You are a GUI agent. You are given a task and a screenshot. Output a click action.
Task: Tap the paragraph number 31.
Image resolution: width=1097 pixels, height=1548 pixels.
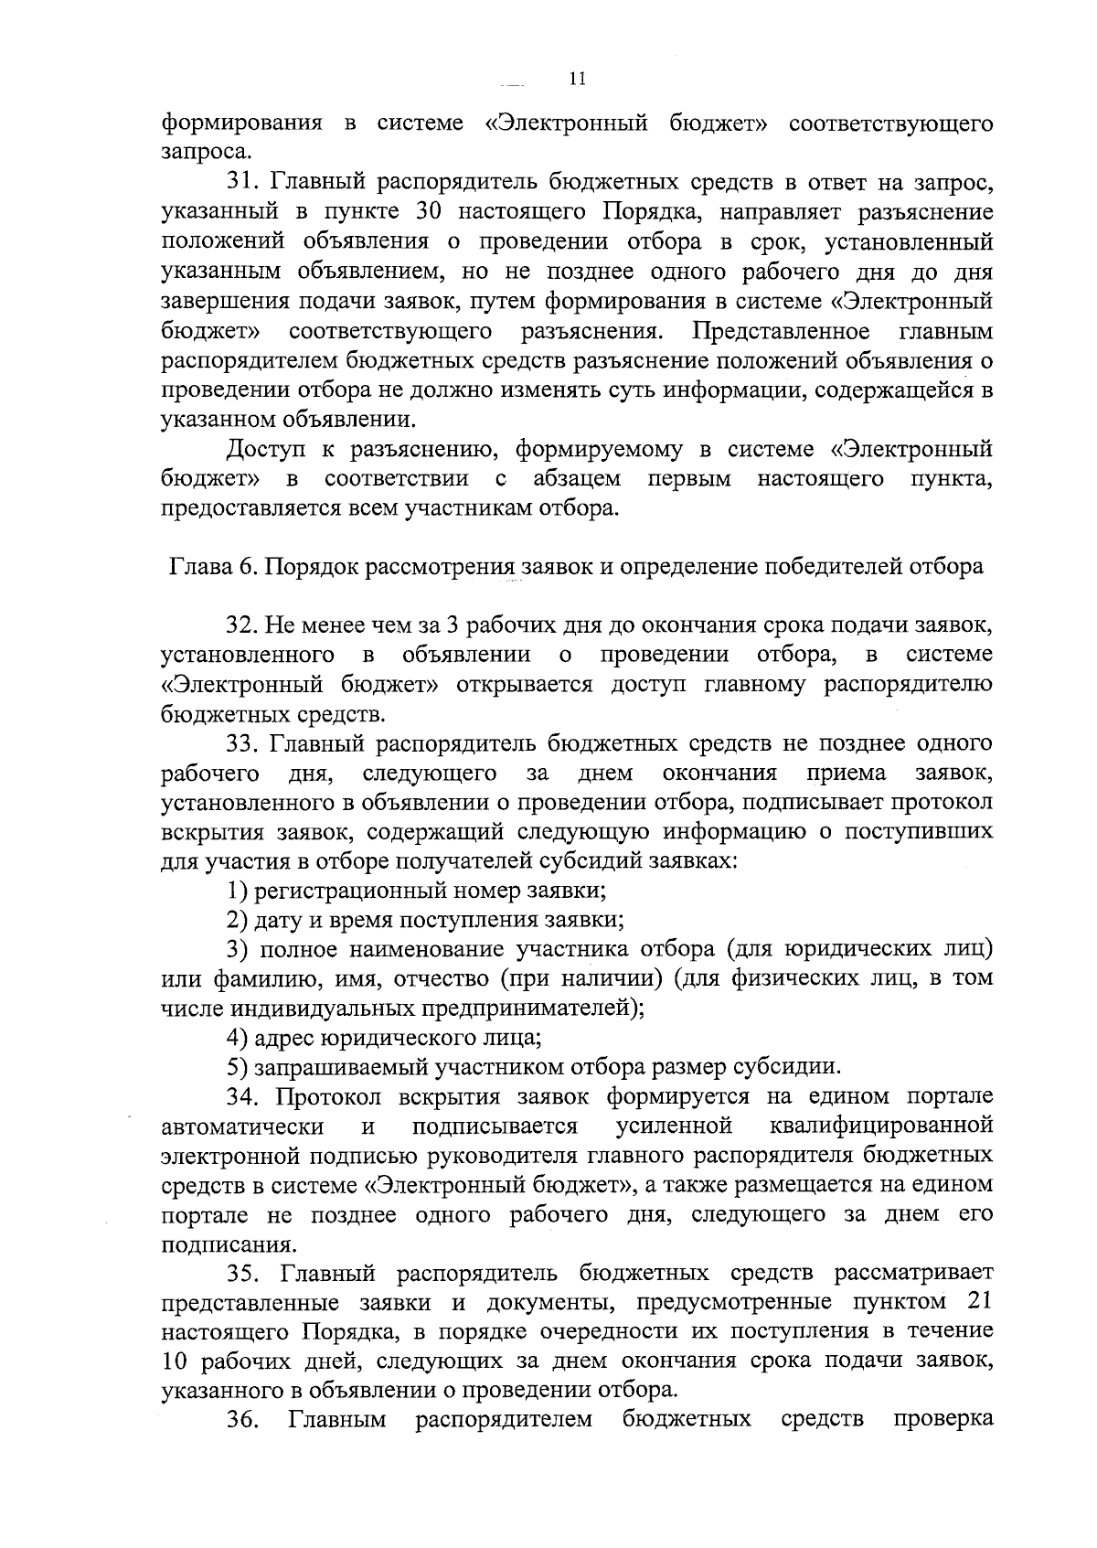(240, 183)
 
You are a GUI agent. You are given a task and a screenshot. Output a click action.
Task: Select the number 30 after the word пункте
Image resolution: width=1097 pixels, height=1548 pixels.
(430, 213)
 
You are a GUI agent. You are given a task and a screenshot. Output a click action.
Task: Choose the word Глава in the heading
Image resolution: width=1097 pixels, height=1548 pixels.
(198, 567)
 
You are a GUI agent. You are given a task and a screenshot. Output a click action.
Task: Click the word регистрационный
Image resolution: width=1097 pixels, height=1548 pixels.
(357, 891)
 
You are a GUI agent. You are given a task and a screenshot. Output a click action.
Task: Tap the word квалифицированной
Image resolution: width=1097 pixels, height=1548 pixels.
(881, 1126)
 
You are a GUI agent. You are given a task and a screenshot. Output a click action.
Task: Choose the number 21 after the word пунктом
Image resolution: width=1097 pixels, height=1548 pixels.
(978, 1303)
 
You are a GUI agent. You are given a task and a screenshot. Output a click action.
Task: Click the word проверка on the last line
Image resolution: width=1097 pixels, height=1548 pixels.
(943, 1420)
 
